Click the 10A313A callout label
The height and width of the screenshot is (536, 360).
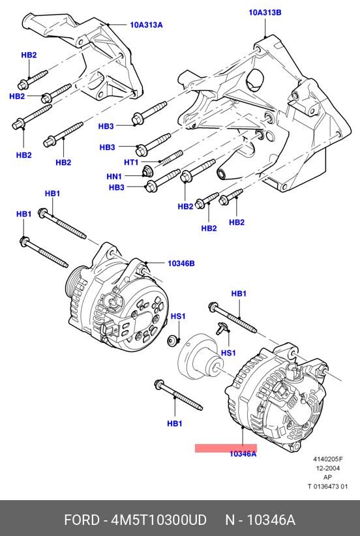click(146, 25)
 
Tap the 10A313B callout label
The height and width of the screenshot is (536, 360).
click(265, 13)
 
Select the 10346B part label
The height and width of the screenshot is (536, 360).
click(181, 263)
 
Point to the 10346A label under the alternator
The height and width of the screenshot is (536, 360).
click(243, 454)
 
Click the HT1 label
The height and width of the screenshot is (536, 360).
click(131, 162)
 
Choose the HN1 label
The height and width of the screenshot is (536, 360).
click(114, 177)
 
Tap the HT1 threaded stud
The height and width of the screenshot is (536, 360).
click(172, 157)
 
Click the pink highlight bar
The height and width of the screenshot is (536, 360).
click(226, 448)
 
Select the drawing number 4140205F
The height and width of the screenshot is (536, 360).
click(328, 460)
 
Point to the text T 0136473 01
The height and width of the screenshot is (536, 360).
click(328, 486)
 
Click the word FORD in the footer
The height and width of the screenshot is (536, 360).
click(82, 520)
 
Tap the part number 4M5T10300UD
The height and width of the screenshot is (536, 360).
click(159, 520)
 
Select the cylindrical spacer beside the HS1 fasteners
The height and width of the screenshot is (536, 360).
click(200, 357)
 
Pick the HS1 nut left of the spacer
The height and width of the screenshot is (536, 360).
click(172, 341)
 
